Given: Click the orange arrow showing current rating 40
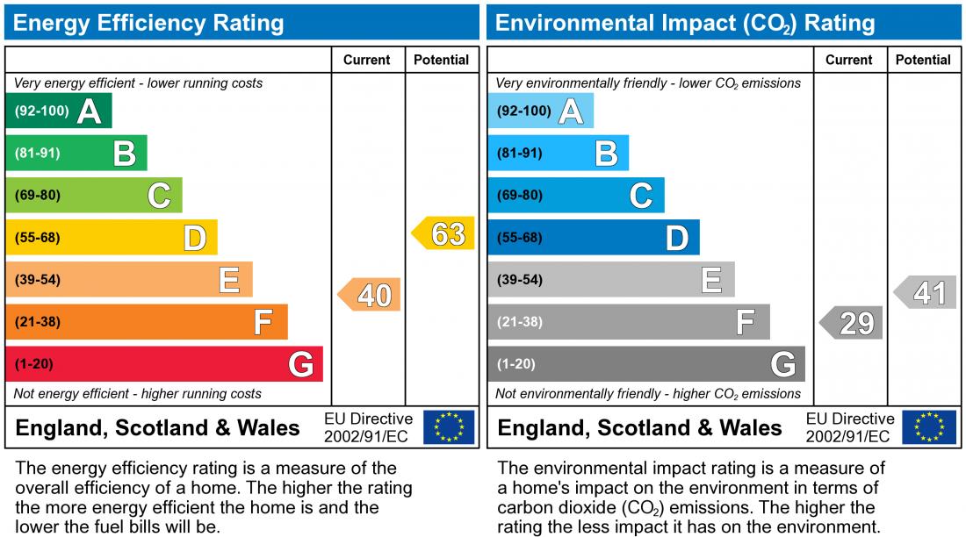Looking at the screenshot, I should [x=371, y=295].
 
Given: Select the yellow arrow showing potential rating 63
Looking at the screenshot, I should [x=444, y=234].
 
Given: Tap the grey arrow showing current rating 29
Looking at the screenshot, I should [x=853, y=323].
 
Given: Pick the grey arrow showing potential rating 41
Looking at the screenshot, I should [x=926, y=292].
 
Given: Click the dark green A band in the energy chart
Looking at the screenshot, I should [x=58, y=111].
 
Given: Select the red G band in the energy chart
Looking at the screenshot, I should [x=164, y=364].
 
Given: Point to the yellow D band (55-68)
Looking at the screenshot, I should [x=112, y=238].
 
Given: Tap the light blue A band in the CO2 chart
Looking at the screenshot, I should [x=540, y=111].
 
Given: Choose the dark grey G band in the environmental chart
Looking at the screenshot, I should [x=645, y=364].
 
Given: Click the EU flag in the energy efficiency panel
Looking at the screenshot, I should [x=449, y=427].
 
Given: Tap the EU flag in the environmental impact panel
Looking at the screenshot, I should [x=931, y=427].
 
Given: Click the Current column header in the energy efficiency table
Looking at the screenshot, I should [x=367, y=60].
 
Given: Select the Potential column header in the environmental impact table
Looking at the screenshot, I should [x=923, y=60].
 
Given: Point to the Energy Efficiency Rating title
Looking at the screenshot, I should [x=148, y=23].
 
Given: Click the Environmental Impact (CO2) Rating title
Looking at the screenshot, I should [x=685, y=23].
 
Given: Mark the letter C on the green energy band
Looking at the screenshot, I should [x=159, y=196].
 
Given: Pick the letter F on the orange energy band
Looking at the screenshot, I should [x=263, y=323].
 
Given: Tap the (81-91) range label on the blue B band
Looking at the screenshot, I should [x=519, y=154].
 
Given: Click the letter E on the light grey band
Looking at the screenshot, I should [x=711, y=281].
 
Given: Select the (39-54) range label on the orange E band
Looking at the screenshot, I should [x=38, y=280].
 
